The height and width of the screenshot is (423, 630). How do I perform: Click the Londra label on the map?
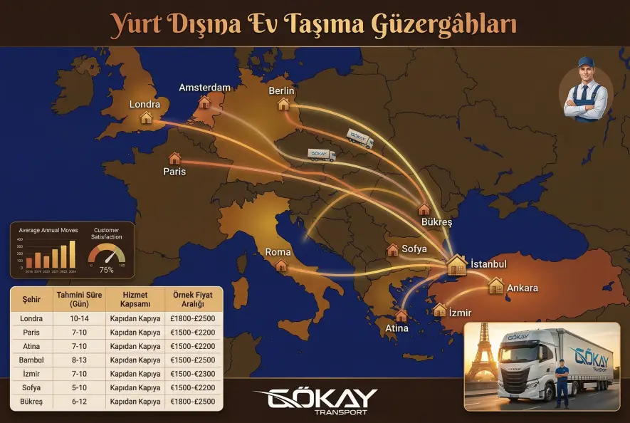[145, 104]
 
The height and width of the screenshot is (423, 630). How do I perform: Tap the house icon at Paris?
[174, 158]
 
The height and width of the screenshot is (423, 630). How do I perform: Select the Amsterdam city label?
[204, 88]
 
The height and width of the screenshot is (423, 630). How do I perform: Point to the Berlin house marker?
[283, 105]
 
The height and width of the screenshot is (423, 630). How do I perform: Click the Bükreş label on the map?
[436, 222]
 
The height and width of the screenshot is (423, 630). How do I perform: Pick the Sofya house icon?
[392, 250]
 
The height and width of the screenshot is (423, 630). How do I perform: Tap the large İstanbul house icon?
[456, 265]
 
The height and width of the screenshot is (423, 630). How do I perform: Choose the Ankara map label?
[522, 288]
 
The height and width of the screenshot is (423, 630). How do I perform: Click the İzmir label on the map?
[461, 313]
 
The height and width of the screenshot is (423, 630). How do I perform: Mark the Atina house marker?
[401, 315]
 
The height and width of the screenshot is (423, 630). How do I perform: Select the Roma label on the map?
[278, 252]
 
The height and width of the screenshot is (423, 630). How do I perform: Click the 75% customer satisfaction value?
[106, 270]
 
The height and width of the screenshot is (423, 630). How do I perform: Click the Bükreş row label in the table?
[32, 402]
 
